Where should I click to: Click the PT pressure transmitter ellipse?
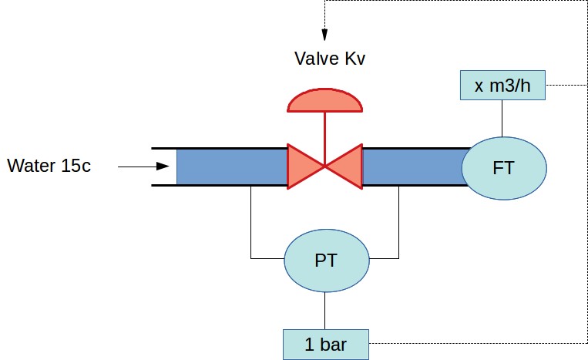(x=325, y=260)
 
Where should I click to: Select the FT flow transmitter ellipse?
(x=504, y=167)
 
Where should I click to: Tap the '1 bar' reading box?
(x=325, y=344)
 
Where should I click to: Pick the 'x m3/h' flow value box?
(x=502, y=85)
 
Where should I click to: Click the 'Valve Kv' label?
(x=329, y=58)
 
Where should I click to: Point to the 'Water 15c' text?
(x=49, y=166)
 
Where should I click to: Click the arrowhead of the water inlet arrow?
(x=162, y=166)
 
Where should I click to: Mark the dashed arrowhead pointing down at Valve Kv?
(x=324, y=35)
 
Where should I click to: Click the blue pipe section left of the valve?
(x=231, y=167)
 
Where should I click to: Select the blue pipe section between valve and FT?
(x=412, y=167)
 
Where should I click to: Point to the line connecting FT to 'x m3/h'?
(x=502, y=117)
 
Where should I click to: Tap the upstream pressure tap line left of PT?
(x=252, y=224)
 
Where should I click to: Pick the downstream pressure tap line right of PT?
(x=398, y=224)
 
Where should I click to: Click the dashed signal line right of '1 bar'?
(x=478, y=343)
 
